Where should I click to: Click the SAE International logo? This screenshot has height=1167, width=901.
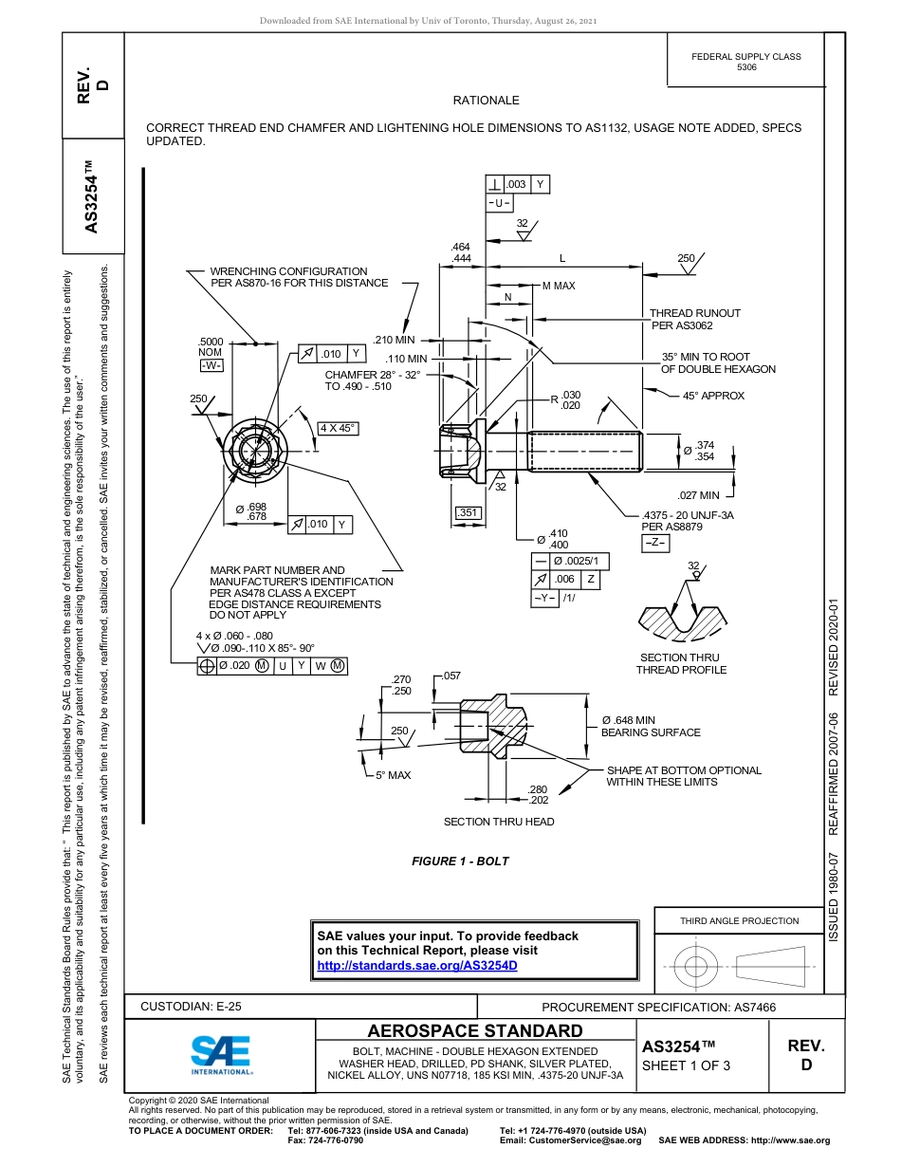(221, 1052)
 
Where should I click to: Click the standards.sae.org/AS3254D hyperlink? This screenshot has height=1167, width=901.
(416, 965)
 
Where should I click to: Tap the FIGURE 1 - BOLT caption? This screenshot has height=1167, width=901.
(460, 861)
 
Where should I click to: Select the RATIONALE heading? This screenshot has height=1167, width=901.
(486, 101)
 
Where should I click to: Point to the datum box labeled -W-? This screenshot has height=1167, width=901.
(211, 365)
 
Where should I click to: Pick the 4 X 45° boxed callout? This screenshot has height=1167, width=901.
(337, 428)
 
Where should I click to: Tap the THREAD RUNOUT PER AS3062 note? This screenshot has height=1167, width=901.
(695, 319)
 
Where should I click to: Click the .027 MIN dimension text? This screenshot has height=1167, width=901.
(698, 495)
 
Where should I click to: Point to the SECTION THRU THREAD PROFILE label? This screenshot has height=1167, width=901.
(680, 663)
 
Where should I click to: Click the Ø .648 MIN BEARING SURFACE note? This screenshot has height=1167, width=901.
(650, 727)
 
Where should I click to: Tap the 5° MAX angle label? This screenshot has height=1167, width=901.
(393, 775)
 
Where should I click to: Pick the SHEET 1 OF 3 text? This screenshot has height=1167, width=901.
(687, 1065)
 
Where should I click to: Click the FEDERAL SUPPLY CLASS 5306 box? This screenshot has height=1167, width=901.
(746, 62)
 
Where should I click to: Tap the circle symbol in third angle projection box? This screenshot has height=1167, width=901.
(697, 966)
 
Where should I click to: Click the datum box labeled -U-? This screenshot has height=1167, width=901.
(500, 203)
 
